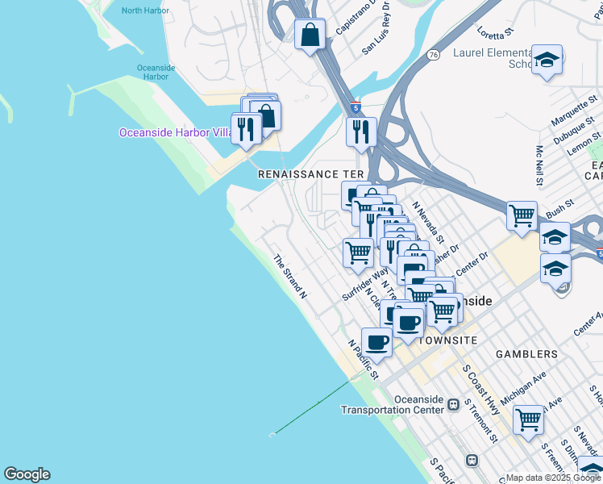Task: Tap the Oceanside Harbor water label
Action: [x=152, y=72]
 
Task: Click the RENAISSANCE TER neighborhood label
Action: [x=310, y=174]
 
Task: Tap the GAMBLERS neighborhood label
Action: [x=526, y=354]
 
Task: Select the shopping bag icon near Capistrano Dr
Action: [x=310, y=35]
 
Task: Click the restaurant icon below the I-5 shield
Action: [x=361, y=130]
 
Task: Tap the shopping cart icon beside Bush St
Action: [x=522, y=215]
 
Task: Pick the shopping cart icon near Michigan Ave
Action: [x=528, y=419]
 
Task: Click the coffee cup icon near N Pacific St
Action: [x=376, y=342]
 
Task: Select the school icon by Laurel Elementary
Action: [x=547, y=60]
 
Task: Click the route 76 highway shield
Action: [x=434, y=55]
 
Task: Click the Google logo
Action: [x=27, y=474]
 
